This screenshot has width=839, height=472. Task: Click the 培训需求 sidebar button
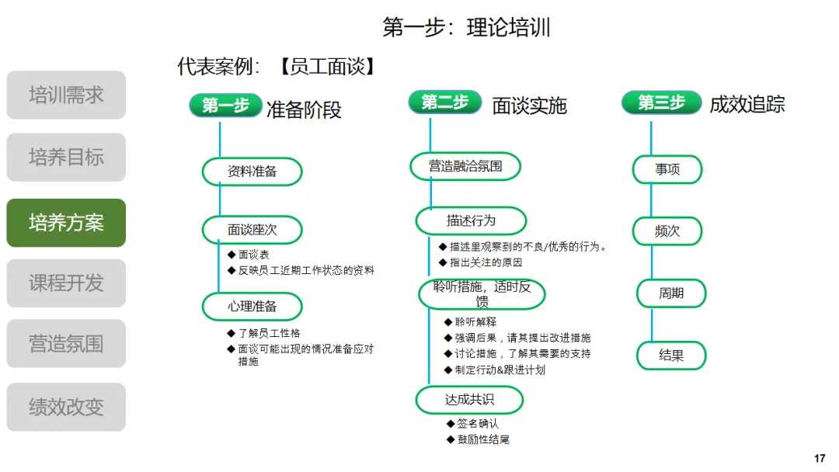66,95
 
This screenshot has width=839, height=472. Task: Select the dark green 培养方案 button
66,223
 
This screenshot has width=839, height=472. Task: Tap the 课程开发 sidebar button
66,283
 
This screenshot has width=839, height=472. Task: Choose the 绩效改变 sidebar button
66,407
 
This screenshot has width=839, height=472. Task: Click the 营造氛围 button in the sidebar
66,343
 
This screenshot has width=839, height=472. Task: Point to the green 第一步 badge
225,106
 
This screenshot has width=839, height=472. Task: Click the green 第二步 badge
445,102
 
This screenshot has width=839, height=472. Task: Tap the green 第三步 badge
662,102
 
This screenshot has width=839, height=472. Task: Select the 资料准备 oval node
252,172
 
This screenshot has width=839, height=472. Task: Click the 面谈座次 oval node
252,230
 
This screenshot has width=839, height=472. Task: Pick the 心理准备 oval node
252,306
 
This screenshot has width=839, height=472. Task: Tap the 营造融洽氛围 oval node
465,165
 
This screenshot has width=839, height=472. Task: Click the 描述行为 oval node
471,220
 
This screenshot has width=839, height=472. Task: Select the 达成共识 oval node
469,400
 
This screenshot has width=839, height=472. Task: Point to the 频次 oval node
667,231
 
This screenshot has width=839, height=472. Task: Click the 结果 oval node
671,356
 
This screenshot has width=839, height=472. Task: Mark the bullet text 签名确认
478,424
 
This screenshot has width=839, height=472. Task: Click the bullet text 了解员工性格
269,333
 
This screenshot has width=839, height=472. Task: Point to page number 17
820,459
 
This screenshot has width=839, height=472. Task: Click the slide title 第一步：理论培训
466,28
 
